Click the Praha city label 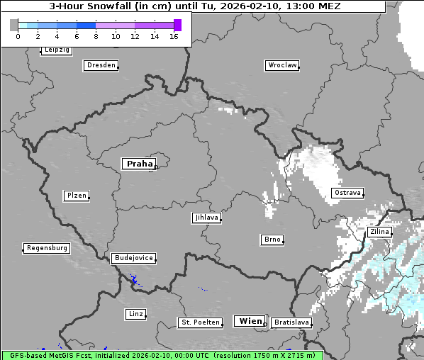pos(139,164)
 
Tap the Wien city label pos(250,321)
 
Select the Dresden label pos(101,65)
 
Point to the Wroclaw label pos(281,65)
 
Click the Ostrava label pos(347,193)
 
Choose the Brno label pos(272,240)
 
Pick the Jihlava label pos(206,218)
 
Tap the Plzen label pos(75,196)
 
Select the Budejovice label pos(133,258)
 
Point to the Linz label pos(135,313)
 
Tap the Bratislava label pos(291,322)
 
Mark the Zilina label pos(379,232)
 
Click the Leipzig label pos(56,50)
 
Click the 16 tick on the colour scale pos(174,36)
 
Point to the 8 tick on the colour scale pos(96,36)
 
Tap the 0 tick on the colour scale pos(18,36)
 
